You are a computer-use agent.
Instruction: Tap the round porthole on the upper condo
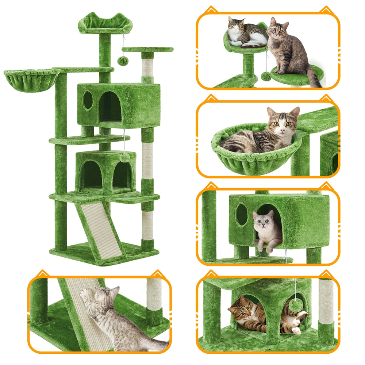(88, 100)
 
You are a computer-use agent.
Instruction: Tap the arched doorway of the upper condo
(110, 107)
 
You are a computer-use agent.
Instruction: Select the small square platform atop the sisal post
(147, 49)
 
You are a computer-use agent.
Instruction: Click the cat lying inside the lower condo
(248, 314)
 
